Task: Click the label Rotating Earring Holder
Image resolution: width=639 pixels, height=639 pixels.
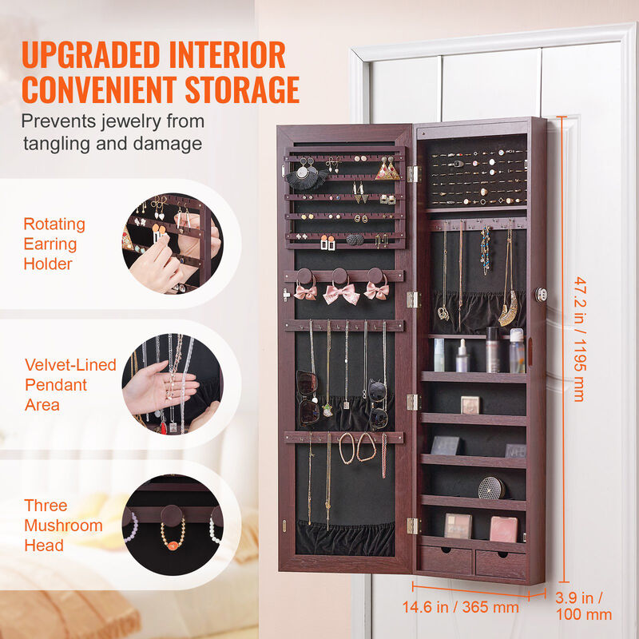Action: [54, 244]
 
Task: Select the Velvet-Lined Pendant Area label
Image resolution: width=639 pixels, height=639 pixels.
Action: [70, 385]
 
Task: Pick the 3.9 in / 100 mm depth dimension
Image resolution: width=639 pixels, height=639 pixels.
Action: [584, 606]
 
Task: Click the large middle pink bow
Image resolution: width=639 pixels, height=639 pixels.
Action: [341, 293]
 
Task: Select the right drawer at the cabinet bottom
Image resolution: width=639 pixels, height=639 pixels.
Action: [501, 563]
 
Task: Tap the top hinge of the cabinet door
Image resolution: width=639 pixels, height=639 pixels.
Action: [412, 173]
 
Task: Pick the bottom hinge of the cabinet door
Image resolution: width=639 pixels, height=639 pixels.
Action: [412, 525]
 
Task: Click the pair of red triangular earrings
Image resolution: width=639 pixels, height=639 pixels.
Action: [388, 170]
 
